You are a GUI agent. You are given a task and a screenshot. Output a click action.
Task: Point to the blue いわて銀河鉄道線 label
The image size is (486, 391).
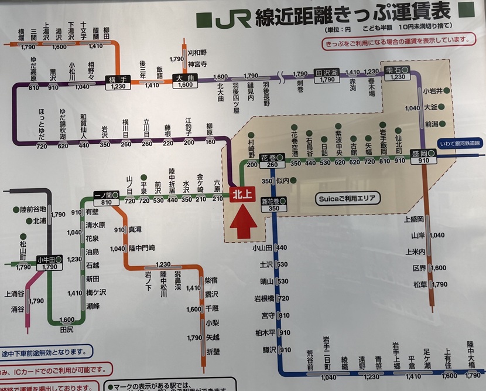click(461, 144)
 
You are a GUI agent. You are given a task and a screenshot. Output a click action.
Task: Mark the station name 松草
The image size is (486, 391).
click(419, 284)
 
